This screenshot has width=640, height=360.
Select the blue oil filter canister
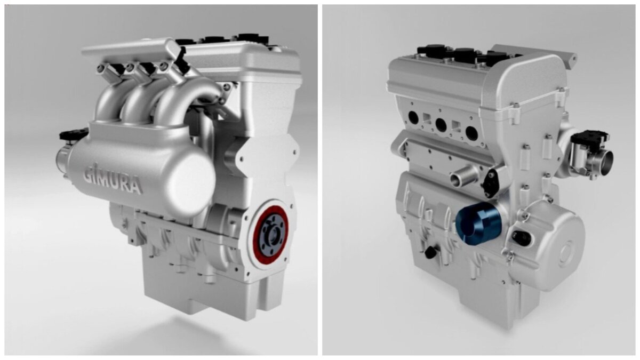pyautogui.click(x=478, y=224)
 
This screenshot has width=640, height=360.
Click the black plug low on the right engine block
pyautogui.click(x=429, y=252)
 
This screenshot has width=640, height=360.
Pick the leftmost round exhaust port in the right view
pyautogui.click(x=413, y=117)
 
